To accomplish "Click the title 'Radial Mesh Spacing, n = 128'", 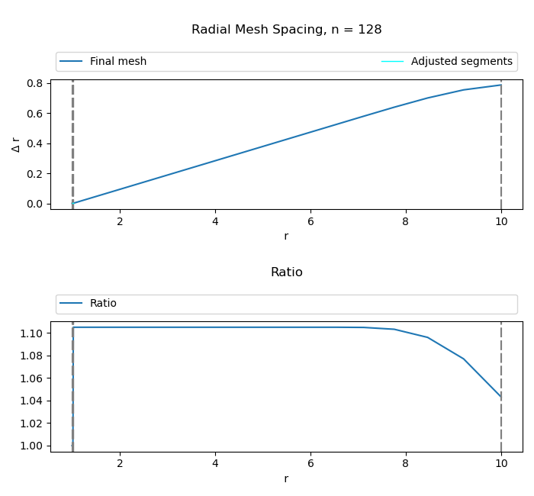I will click(x=286, y=30).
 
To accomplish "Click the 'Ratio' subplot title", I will click(x=286, y=272).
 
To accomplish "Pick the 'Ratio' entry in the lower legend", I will click(x=103, y=304).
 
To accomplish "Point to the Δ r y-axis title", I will click(x=16, y=144).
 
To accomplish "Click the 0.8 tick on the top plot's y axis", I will click(x=35, y=83).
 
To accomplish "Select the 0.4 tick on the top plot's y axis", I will click(x=35, y=143).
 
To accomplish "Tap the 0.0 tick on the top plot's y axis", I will click(x=35, y=204).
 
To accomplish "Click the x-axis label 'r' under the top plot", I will click(x=286, y=237).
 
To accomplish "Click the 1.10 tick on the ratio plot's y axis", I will click(x=33, y=333).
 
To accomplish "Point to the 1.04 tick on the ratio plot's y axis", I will click(x=33, y=401).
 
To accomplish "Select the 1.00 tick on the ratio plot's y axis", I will click(x=33, y=446).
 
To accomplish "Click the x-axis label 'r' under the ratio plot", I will click(x=286, y=478).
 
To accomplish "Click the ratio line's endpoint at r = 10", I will click(x=501, y=397).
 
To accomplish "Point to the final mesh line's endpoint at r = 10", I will click(x=501, y=85).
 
